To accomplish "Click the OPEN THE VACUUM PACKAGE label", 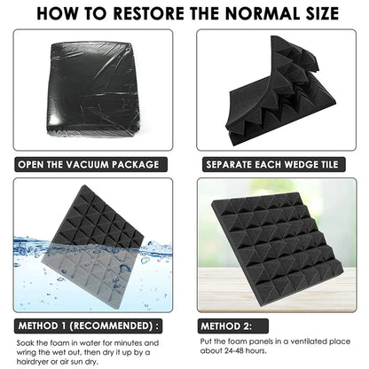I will (x=90, y=164).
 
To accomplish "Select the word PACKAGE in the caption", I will (x=136, y=164).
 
